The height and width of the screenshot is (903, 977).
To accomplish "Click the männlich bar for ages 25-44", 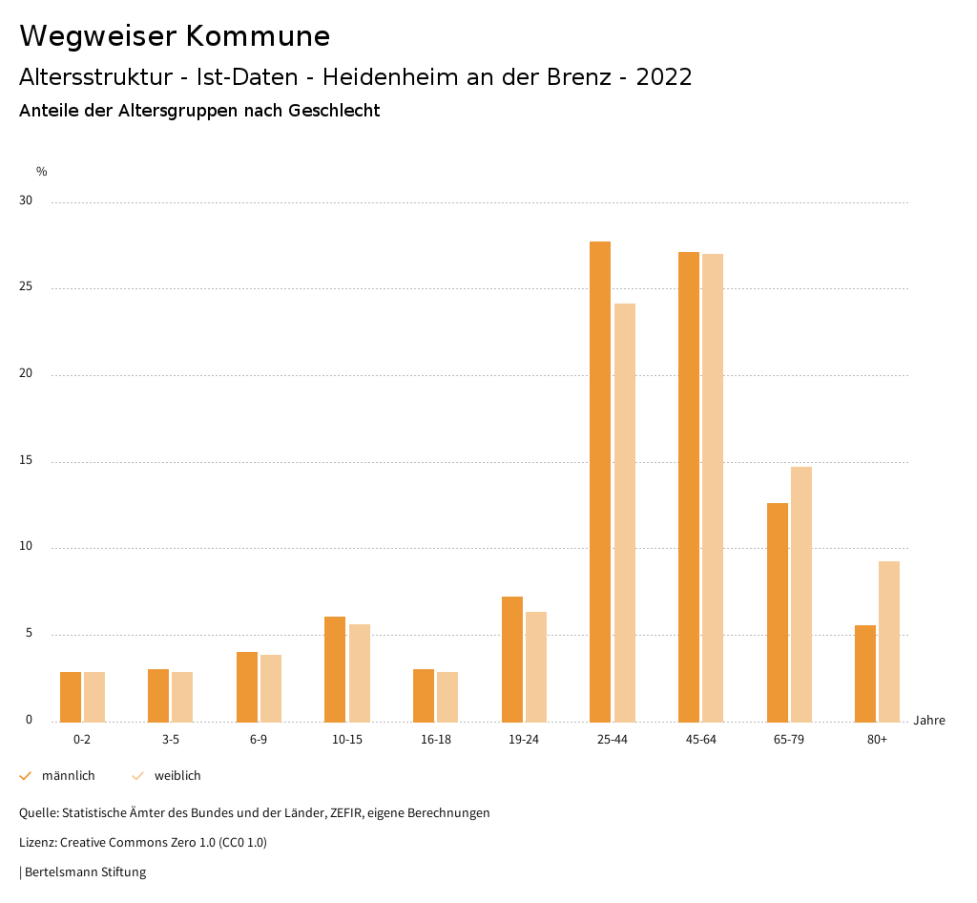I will (x=600, y=482).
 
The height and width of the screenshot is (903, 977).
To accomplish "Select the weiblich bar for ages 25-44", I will (x=625, y=513).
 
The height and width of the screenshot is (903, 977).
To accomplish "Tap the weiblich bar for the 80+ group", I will (x=889, y=641).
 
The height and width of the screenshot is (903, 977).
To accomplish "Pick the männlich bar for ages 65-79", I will (x=778, y=612).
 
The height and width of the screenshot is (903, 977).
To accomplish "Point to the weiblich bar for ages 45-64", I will (x=713, y=488).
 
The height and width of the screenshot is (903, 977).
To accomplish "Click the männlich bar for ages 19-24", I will (x=512, y=659).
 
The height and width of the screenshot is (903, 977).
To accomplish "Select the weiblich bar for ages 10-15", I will (x=360, y=673).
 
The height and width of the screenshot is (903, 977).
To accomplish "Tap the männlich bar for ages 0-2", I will (x=71, y=697).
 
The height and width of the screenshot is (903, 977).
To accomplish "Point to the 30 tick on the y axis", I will (x=26, y=201).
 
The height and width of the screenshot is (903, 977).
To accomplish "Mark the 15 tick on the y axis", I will (x=26, y=461).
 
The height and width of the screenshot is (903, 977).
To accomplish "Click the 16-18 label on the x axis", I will (x=435, y=740).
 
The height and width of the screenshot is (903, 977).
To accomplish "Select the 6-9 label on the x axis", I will (x=259, y=740).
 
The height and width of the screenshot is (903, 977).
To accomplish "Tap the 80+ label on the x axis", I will (x=878, y=740).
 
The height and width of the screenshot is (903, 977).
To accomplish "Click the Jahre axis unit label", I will (x=928, y=721).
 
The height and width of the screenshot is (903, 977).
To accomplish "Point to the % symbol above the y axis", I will (x=42, y=172).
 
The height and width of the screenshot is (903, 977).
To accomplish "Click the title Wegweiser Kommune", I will (x=175, y=35).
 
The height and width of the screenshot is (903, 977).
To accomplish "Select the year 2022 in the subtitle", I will (x=664, y=77).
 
